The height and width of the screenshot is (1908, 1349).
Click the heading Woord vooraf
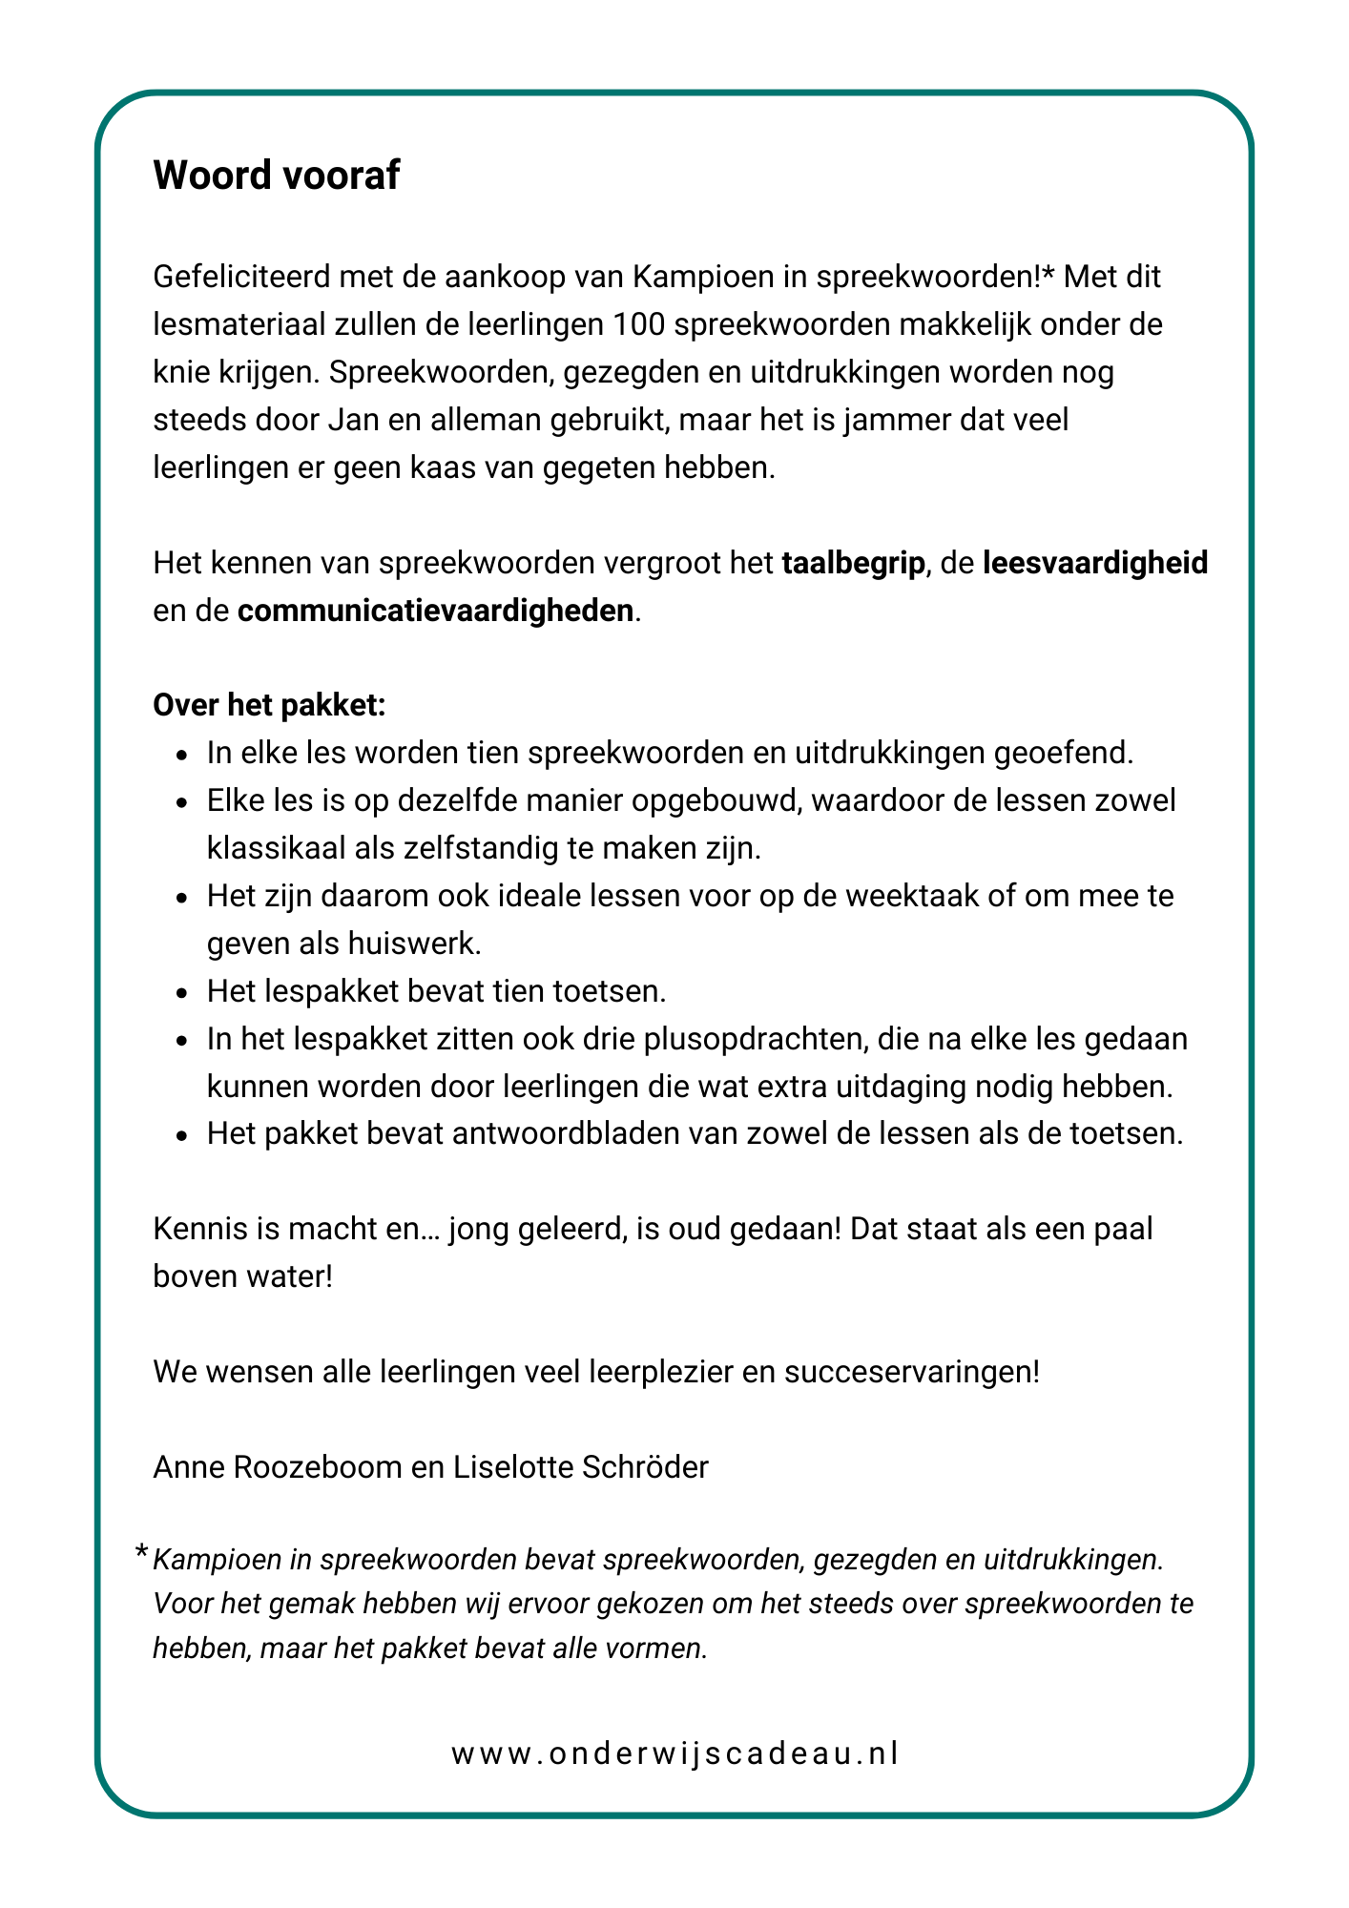(276, 176)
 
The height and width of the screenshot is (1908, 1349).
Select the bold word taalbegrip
(853, 563)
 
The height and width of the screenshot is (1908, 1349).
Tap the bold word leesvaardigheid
(1095, 563)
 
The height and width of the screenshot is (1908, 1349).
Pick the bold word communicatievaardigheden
(435, 611)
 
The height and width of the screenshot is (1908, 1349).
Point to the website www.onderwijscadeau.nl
(674, 1753)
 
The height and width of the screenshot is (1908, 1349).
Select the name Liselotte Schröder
(580, 1467)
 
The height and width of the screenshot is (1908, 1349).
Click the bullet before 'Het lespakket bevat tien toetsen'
(181, 993)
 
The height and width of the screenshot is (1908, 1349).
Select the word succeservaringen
(912, 1372)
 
